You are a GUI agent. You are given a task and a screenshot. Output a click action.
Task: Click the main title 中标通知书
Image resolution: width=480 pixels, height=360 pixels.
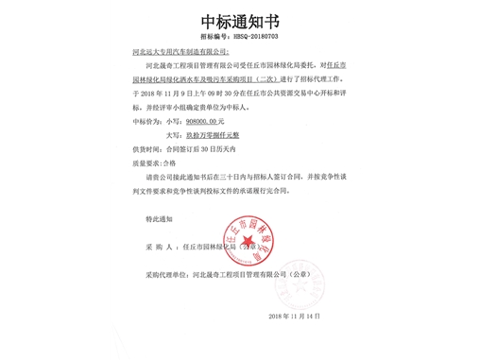point(239,20)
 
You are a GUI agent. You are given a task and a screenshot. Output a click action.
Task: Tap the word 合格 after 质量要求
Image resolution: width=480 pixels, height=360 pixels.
point(170,163)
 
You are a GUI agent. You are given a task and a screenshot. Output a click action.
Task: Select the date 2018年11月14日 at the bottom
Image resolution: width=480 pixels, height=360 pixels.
point(297,315)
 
